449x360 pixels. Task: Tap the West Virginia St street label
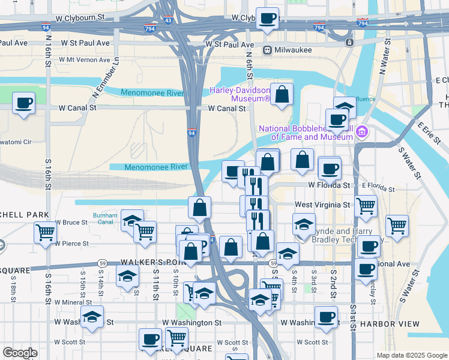point(322,205)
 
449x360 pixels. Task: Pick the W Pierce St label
point(71,244)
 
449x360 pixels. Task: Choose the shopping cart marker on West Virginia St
point(366,206)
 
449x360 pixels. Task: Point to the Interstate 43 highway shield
point(168,20)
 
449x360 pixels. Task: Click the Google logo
point(20,353)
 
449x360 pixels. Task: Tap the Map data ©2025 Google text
point(411,355)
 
